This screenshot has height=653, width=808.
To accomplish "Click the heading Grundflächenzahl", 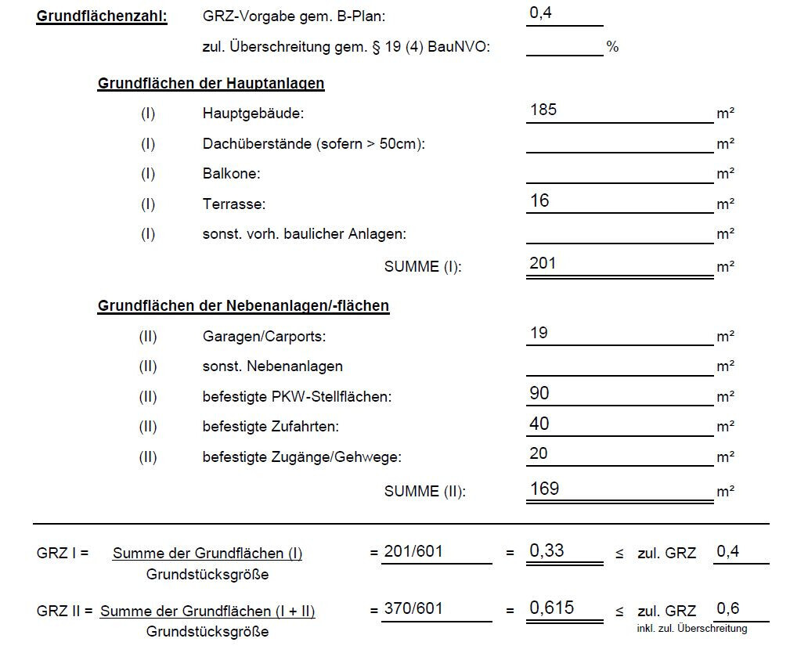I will point(102,16).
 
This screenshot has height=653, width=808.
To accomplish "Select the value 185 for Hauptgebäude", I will point(543,110).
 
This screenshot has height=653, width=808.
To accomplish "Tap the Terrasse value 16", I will point(539,201).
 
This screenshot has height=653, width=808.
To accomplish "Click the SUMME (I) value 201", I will point(543,263).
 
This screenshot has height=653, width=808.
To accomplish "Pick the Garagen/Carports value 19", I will point(539,333).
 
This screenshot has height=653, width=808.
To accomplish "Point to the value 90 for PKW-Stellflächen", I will point(539,393).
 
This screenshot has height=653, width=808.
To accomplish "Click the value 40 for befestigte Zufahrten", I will point(539,424).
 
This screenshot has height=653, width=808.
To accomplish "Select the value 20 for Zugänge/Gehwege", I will point(539,453).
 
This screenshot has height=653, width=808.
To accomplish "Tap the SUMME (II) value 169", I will point(544,489).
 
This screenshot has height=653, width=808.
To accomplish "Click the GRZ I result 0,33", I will point(546,550).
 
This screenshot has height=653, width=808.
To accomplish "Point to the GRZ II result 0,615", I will point(551,608).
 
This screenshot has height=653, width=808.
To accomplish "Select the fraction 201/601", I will point(413,551).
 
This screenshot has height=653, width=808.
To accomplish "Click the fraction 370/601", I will point(413,608).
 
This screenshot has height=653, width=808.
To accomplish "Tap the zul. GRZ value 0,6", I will point(728,608).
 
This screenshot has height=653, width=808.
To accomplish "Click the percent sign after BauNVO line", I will point(612,47).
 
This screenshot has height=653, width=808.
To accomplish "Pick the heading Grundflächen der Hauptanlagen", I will point(211,83).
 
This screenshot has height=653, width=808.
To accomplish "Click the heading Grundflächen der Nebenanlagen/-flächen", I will point(243,306).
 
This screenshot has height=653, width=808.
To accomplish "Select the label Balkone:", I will point(231,174).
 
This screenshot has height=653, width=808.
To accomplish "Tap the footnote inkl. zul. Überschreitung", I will point(692,628).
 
